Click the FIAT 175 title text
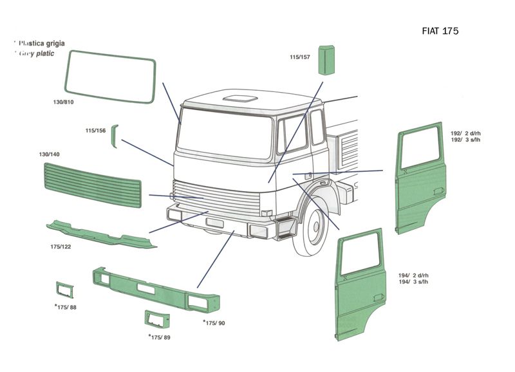(x=440, y=31)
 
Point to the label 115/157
(x=300, y=57)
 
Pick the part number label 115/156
(x=95, y=131)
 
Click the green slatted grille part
(x=92, y=183)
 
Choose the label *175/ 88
(x=66, y=307)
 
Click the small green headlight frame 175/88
(x=64, y=290)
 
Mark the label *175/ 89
(x=160, y=337)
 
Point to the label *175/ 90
(x=214, y=322)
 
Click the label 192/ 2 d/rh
(x=466, y=133)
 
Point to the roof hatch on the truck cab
(x=238, y=98)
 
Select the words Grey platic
(x=35, y=53)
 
